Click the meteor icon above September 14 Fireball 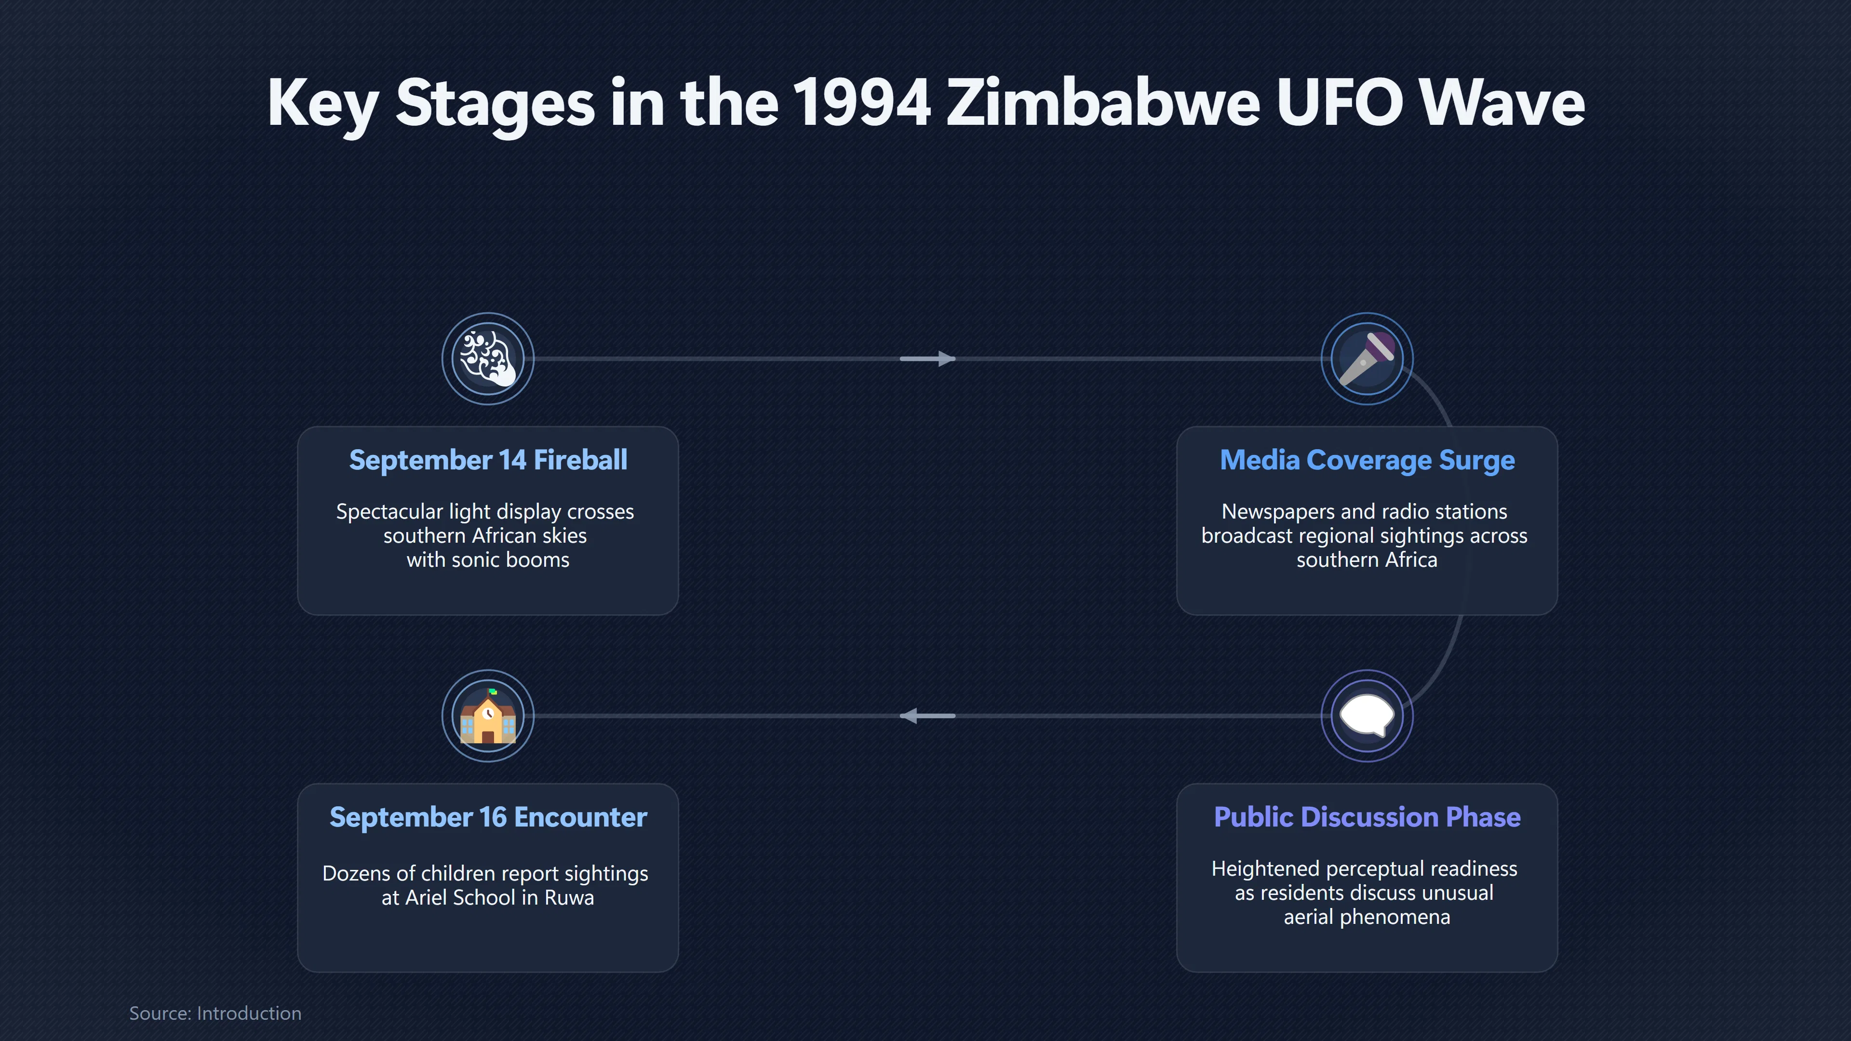click(x=488, y=358)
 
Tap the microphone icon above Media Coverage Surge click(x=1367, y=358)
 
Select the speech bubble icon click(x=1367, y=716)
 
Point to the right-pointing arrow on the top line click(x=927, y=359)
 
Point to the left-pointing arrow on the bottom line click(x=927, y=716)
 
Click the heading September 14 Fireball click(x=488, y=460)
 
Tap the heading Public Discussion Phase click(x=1367, y=817)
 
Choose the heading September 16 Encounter click(x=488, y=817)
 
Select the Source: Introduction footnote click(x=215, y=1013)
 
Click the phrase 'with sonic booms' click(x=488, y=560)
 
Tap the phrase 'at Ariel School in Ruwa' click(x=488, y=897)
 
